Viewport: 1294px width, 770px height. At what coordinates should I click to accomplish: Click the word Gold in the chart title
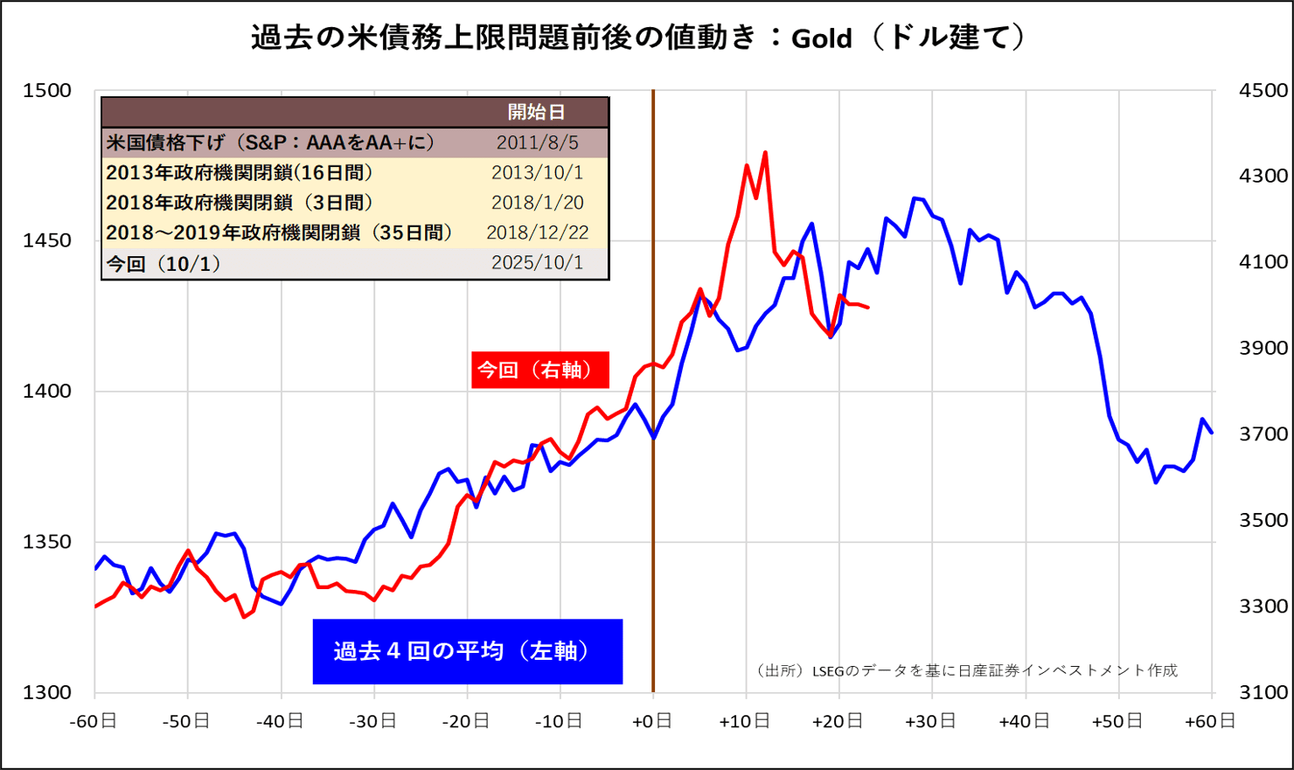[x=821, y=38]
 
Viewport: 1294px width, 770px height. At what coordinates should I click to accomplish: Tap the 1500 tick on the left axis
[x=47, y=91]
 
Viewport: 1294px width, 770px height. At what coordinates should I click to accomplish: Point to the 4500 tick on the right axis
[x=1263, y=91]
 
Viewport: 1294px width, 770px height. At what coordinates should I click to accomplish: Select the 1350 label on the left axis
[x=47, y=542]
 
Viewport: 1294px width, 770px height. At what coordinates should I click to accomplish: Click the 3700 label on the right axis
[x=1263, y=434]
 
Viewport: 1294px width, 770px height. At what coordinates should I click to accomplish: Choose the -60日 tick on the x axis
[x=94, y=721]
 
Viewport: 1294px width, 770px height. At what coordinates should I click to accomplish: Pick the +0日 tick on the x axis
[x=652, y=721]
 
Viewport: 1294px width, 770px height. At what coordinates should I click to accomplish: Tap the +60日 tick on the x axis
[x=1210, y=721]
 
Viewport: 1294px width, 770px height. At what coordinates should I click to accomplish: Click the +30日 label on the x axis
[x=931, y=721]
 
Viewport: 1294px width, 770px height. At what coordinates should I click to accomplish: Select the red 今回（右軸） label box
[x=539, y=370]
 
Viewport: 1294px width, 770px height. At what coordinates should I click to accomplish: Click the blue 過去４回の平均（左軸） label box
[x=467, y=651]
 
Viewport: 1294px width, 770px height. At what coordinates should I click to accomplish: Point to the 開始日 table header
[x=537, y=112]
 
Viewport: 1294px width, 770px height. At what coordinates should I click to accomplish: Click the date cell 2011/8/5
[x=537, y=142]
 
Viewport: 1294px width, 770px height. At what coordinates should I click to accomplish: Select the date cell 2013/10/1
[x=537, y=172]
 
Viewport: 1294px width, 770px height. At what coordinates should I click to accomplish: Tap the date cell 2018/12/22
[x=537, y=232]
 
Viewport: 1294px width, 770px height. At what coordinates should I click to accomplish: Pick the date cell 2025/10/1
[x=537, y=263]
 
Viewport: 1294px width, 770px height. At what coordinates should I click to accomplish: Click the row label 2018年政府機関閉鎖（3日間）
[x=240, y=203]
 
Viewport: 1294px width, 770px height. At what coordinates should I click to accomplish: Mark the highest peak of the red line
[x=765, y=153]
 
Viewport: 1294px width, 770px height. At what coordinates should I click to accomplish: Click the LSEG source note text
[x=967, y=670]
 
